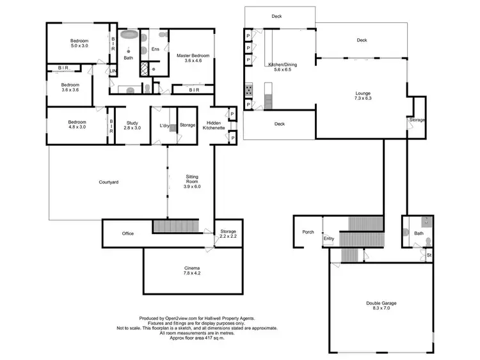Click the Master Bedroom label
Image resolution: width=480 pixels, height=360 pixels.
[x=193, y=58]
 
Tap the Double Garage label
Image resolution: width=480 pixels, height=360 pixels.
[x=381, y=306]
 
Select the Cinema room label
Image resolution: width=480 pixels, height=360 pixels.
[x=192, y=270]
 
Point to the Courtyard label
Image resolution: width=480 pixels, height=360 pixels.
[x=109, y=182]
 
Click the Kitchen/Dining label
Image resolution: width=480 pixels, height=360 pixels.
[x=282, y=66]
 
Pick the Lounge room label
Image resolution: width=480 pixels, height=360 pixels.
[x=363, y=96]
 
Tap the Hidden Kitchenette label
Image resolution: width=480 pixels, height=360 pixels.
[x=212, y=125]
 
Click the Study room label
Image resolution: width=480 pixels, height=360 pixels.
[x=132, y=125]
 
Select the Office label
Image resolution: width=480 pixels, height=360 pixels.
[x=128, y=233]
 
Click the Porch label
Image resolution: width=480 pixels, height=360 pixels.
[x=308, y=231]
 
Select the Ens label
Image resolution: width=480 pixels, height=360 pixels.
[x=155, y=49]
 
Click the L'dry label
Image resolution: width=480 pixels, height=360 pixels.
[x=164, y=125]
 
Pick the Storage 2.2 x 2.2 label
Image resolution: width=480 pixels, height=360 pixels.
[x=228, y=233]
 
